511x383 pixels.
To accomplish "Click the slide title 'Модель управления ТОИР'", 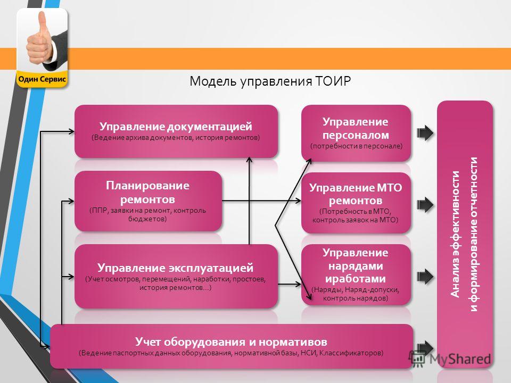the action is pyautogui.click(x=270, y=81).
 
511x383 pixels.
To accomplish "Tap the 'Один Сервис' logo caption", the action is pyautogui.click(x=42, y=79).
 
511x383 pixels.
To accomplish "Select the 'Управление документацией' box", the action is pyautogui.click(x=176, y=131).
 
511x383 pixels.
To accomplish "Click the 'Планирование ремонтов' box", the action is pyautogui.click(x=148, y=201).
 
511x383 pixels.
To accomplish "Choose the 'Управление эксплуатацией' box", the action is pyautogui.click(x=176, y=276).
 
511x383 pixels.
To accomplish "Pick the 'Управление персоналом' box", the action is pyautogui.click(x=356, y=133).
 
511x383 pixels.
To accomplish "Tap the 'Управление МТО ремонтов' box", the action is pyautogui.click(x=356, y=203).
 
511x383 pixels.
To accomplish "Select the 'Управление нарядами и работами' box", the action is pyautogui.click(x=356, y=274).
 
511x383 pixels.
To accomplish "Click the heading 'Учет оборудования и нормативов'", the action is pyautogui.click(x=231, y=342).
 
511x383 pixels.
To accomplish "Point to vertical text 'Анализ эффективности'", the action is pyautogui.click(x=455, y=234).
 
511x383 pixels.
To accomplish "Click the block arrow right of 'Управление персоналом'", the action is pyautogui.click(x=425, y=133).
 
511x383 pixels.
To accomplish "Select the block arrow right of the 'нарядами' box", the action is pyautogui.click(x=425, y=277).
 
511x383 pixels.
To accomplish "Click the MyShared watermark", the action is pyautogui.click(x=450, y=359).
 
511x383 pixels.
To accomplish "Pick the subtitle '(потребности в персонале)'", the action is pyautogui.click(x=356, y=146).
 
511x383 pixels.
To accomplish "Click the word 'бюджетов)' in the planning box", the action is pyautogui.click(x=147, y=219).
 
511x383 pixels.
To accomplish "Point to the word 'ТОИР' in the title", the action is pyautogui.click(x=333, y=81).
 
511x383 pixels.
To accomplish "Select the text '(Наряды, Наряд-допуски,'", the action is pyautogui.click(x=356, y=289).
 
